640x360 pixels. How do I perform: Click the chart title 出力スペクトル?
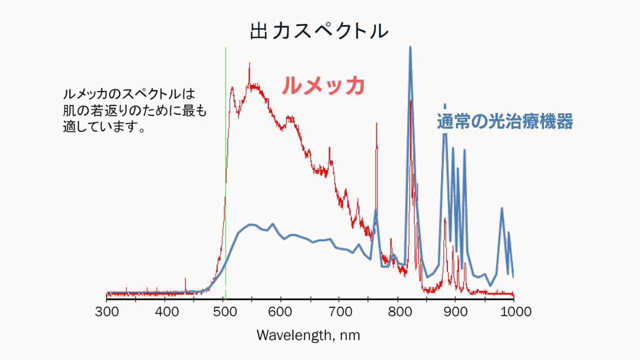(319, 31)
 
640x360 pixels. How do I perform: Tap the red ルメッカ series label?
(322, 86)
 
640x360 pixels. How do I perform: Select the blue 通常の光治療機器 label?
(505, 121)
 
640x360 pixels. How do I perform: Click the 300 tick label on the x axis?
(107, 312)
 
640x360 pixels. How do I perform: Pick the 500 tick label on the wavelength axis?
(223, 312)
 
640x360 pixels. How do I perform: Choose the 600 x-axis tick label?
(281, 312)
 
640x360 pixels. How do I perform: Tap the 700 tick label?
(339, 312)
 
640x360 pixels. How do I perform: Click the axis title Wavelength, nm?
(308, 334)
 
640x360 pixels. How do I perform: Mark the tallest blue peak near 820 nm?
(410, 48)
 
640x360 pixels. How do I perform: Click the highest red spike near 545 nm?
(249, 63)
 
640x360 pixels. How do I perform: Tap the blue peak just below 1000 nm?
(501, 208)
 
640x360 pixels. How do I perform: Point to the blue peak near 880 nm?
(444, 105)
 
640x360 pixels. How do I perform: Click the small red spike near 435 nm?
(185, 279)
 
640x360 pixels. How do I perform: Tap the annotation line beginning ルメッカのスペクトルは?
(128, 93)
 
